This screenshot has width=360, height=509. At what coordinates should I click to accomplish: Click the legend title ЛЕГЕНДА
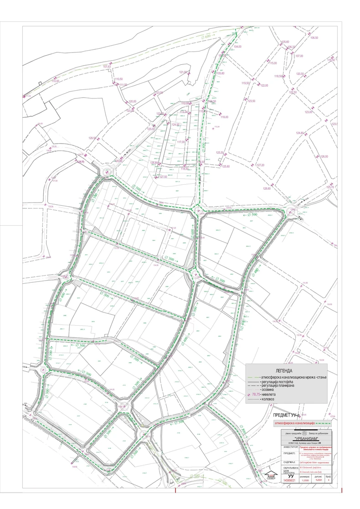(284, 371)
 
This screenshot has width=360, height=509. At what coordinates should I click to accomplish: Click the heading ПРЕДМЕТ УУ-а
(285, 416)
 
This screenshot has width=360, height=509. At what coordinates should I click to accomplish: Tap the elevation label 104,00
(237, 47)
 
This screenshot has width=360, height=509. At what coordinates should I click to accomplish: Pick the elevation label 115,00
(273, 63)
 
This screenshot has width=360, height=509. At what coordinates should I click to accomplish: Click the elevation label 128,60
(266, 188)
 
